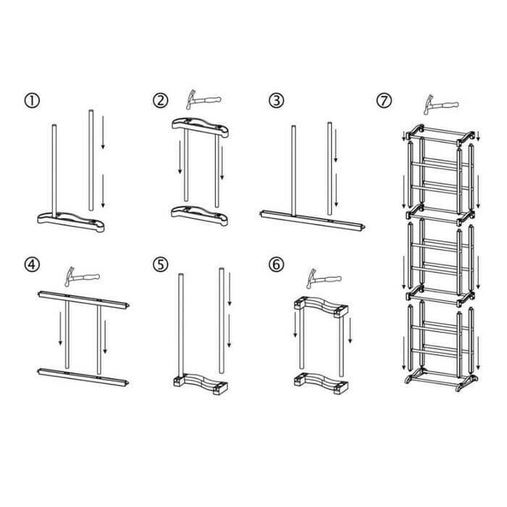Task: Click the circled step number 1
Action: click(x=32, y=101)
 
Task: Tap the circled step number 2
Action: click(x=160, y=101)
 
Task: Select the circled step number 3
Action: click(x=276, y=101)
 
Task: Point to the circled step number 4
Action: click(x=32, y=264)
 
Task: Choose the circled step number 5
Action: click(x=160, y=264)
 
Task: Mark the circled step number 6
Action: click(x=276, y=264)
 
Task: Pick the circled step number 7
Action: click(x=384, y=101)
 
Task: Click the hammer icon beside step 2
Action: click(x=203, y=100)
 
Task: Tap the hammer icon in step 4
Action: click(x=82, y=277)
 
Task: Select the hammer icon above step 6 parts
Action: click(x=324, y=279)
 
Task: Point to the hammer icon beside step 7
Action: click(x=441, y=104)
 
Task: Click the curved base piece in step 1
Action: click(x=71, y=221)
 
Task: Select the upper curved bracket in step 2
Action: click(x=200, y=127)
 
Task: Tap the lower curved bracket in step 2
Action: click(x=199, y=215)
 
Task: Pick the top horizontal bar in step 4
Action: click(x=84, y=300)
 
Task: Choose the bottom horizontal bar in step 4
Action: click(x=83, y=377)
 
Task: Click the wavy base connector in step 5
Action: click(x=201, y=384)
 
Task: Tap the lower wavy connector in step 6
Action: click(x=321, y=383)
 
